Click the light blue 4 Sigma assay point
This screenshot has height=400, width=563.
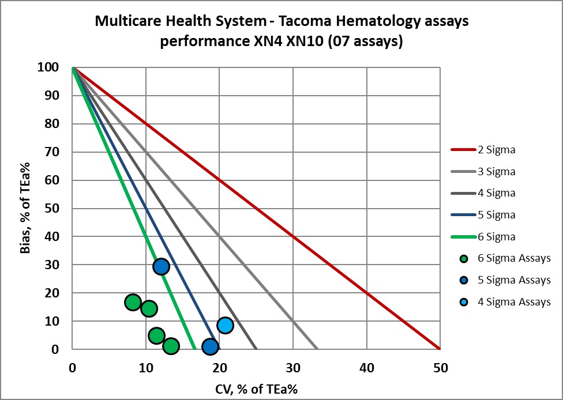(225, 325)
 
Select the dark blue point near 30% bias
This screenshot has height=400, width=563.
(161, 266)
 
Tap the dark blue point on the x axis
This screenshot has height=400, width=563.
(210, 347)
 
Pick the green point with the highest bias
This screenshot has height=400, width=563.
(133, 302)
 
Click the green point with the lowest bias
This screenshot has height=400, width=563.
(171, 346)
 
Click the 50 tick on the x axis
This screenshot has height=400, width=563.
(440, 367)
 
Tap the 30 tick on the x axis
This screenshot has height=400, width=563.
(293, 367)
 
